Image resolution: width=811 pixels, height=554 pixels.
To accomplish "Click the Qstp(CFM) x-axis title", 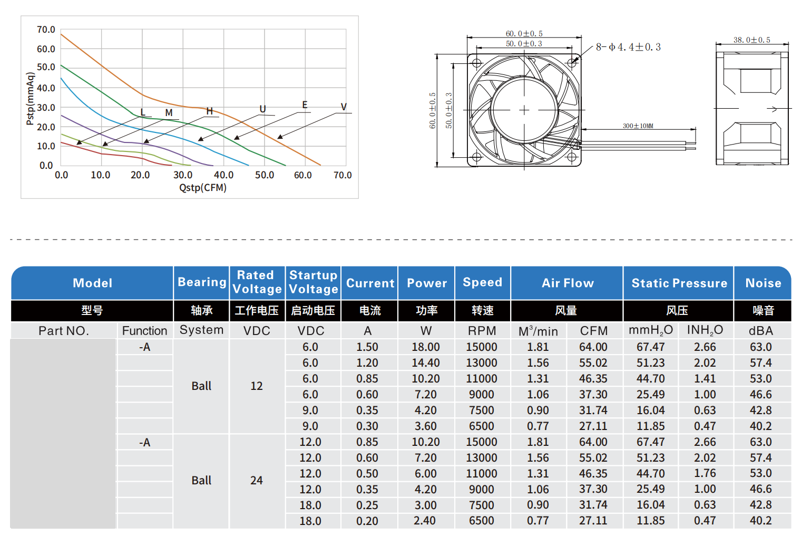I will point(203,188).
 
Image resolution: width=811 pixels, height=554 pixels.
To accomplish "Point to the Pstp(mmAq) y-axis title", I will point(30,99).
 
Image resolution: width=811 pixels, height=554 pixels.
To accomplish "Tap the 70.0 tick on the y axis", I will point(46,30).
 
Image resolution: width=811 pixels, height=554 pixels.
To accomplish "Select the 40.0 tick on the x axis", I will point(223,175).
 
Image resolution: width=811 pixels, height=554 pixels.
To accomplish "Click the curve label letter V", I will point(344,107).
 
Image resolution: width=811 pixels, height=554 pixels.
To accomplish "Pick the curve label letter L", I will point(143,112).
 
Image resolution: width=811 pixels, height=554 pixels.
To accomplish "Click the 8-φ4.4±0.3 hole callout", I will point(628,47).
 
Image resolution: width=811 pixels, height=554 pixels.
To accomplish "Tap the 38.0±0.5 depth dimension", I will point(751,40).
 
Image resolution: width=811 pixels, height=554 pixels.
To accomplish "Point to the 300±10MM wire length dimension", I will point(638,126).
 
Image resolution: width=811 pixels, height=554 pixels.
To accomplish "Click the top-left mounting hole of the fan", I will point(476,63).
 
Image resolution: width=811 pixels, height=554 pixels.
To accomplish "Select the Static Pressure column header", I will point(679,283).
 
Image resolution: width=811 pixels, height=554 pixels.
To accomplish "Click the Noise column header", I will point(763,283).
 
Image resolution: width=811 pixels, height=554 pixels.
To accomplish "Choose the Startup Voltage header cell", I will point(314,282).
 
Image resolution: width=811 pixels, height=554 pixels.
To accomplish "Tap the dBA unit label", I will point(761,331).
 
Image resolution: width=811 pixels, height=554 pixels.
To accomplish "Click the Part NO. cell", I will point(64,331).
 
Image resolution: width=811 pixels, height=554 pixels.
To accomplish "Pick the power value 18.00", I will point(426,347).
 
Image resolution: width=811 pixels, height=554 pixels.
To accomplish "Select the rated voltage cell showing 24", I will point(257,481).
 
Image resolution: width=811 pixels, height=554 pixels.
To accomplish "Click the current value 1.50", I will point(367,347).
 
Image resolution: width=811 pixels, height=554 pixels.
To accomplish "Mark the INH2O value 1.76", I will point(705,473).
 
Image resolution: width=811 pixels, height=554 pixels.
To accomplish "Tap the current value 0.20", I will point(367,521).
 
